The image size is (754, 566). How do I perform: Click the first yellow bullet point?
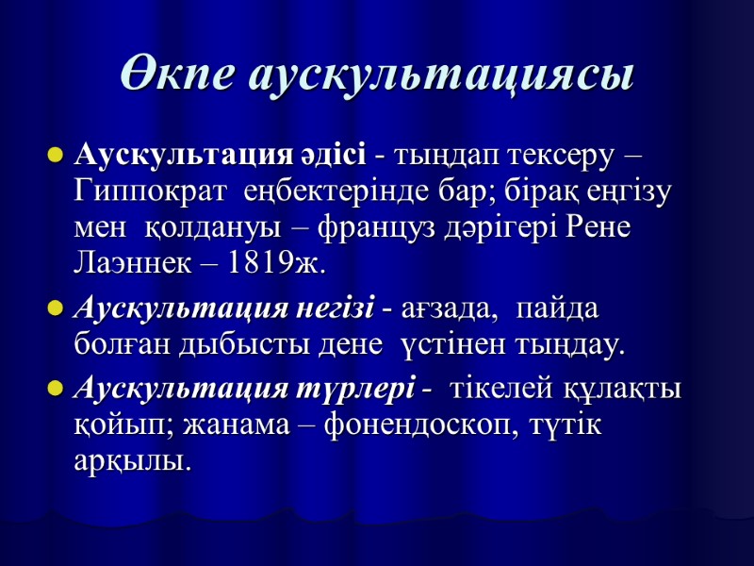pyautogui.click(x=54, y=154)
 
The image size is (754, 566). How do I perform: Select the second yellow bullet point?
pyautogui.click(x=54, y=308)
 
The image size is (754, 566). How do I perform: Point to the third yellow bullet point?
pyautogui.click(x=54, y=389)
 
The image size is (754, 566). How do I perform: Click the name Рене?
pyautogui.click(x=592, y=230)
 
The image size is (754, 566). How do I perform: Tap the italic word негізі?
pyautogui.click(x=340, y=308)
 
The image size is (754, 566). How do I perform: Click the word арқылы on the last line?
pyautogui.click(x=131, y=462)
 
